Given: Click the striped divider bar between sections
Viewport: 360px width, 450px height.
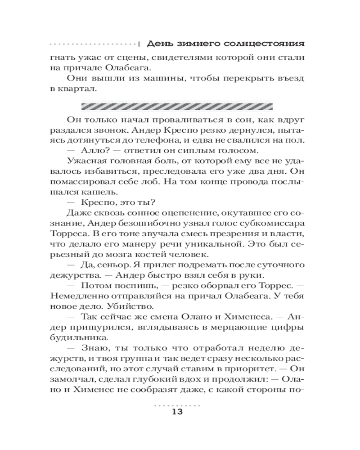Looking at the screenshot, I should [177, 107].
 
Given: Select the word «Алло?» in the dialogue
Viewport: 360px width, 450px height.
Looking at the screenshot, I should [96, 149].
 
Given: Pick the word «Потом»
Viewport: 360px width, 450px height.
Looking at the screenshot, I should [95, 285].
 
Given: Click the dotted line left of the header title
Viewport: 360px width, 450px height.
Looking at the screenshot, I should [93, 44].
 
